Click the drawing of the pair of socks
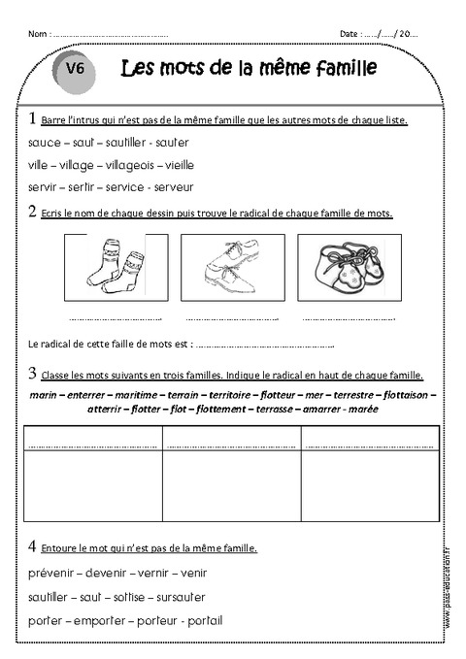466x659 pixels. pos(116,265)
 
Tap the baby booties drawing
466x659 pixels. pos(347,265)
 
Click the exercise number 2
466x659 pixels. pos(32,212)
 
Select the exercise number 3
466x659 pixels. pos(32,373)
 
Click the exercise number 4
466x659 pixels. pos(32,546)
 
